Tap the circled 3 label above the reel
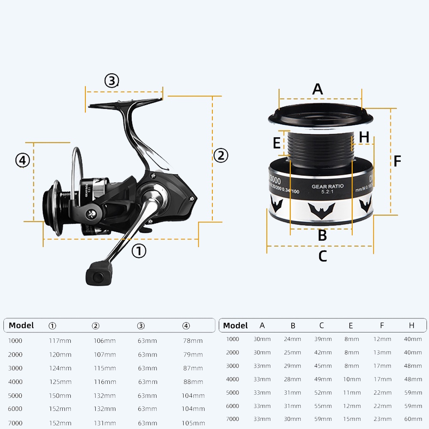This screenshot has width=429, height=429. pos(112,81)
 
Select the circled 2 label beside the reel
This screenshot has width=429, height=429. pos(221,155)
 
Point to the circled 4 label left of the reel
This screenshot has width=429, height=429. pos(23,160)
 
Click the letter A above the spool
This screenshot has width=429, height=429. pos(317,89)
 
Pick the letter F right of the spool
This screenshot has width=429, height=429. pos(397,161)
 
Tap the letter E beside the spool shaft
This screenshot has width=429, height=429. pos(277,142)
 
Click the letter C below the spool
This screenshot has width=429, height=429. pos(323,256)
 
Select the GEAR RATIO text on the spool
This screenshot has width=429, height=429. pos(327,187)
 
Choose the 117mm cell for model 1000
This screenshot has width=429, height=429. pos(60,341)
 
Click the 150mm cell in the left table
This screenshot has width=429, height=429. pos(60,396)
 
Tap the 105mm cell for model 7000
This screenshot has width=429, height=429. pos(192,423)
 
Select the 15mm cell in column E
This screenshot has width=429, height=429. pos(351,419)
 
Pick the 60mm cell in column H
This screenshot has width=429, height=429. pos(413,419)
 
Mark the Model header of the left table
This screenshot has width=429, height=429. pos(21,325)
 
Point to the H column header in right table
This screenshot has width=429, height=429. pos(411,326)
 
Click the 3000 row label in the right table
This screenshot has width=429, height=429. pos(233,366)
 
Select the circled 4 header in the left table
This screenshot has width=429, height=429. pos(186,326)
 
